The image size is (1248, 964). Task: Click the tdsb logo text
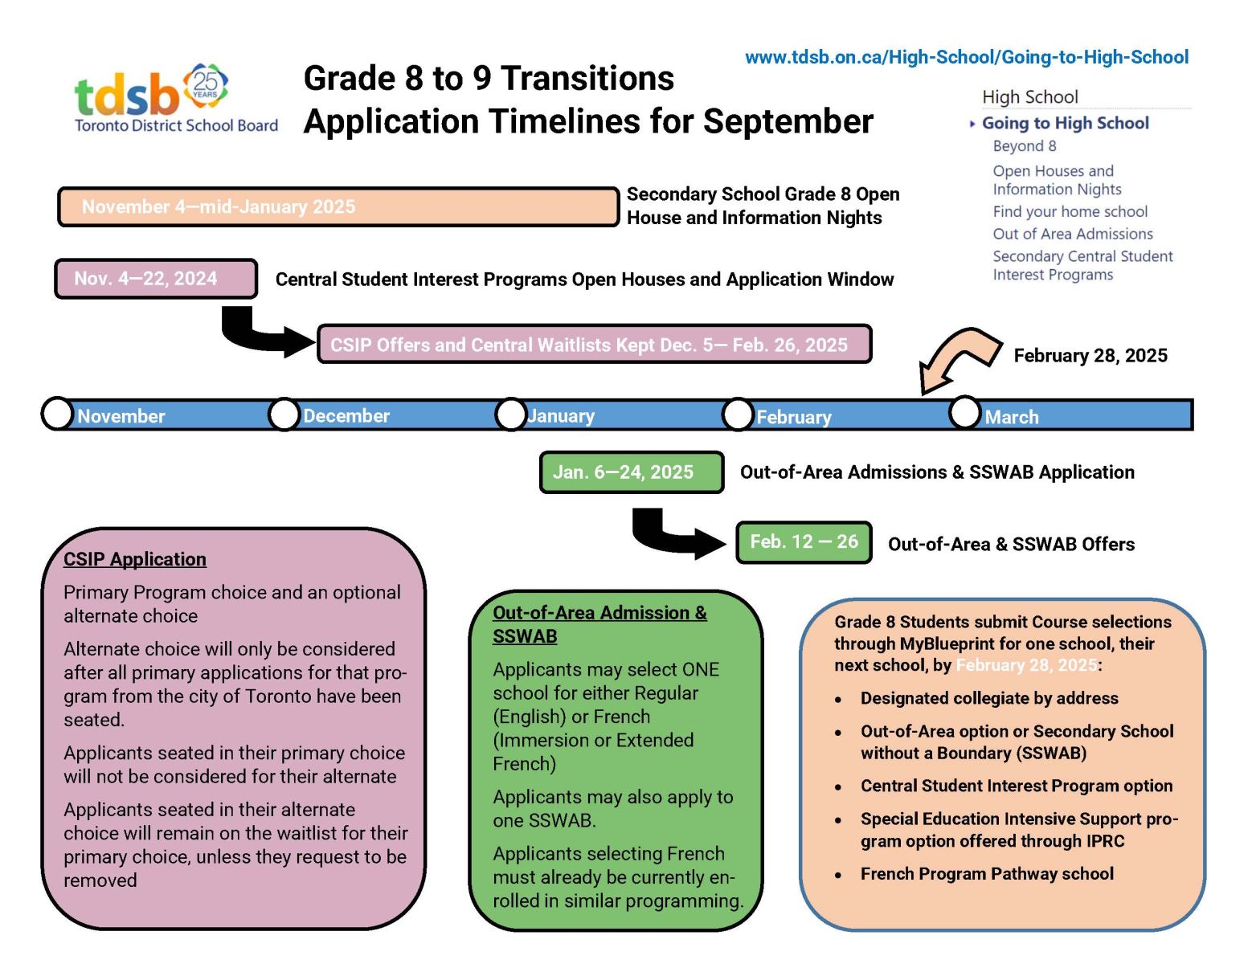tap(126, 96)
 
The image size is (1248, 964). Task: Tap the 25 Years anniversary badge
tap(205, 86)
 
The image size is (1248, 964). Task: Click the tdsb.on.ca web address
tap(966, 57)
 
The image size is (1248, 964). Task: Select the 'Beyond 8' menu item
tap(1024, 146)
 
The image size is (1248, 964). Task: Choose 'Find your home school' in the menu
tap(1070, 211)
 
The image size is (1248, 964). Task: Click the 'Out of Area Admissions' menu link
tap(1072, 234)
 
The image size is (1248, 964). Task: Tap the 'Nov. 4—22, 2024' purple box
tap(156, 279)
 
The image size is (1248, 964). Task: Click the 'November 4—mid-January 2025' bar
tap(338, 206)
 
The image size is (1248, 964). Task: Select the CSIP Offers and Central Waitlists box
tap(595, 344)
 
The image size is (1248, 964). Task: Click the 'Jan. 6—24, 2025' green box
tap(631, 472)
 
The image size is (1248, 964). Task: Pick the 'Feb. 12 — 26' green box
tap(804, 542)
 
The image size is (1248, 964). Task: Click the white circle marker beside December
tap(284, 414)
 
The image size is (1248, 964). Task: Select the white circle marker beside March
tap(964, 411)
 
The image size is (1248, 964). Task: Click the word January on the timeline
tap(561, 415)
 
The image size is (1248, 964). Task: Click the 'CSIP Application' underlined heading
tap(134, 558)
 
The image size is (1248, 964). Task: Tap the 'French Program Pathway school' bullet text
tap(987, 873)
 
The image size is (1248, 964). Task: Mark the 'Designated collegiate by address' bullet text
tap(989, 697)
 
